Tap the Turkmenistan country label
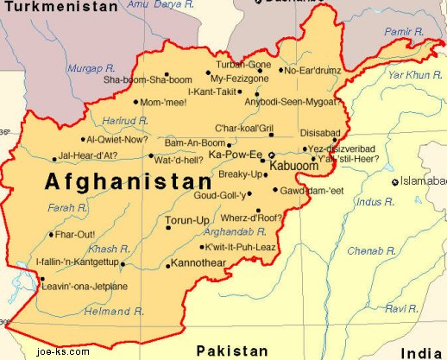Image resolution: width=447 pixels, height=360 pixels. coord(59,7)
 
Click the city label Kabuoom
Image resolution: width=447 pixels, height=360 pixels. coord(294,164)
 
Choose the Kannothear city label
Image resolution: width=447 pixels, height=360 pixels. coord(200,262)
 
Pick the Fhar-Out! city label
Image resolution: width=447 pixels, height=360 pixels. coord(75,234)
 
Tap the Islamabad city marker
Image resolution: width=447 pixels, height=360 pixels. coord(394,181)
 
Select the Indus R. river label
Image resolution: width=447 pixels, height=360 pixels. coord(372,201)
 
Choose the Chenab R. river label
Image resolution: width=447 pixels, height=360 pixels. coord(372,250)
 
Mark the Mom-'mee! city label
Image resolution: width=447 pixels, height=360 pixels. coord(163,102)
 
